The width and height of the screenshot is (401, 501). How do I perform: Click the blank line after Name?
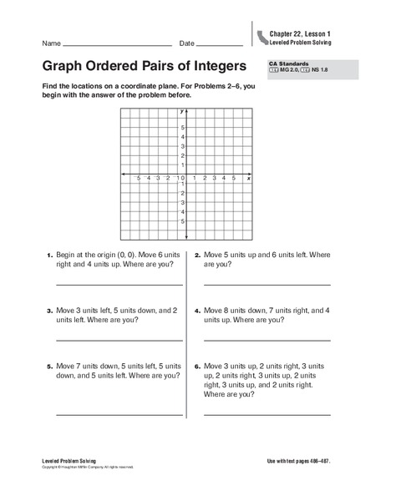coord(118,44)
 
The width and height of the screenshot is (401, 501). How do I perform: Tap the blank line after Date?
coord(220,44)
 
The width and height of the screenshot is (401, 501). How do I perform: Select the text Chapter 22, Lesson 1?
coord(300,32)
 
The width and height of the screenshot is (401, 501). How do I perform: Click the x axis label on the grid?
coord(249,179)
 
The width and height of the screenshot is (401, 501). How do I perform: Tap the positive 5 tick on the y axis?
coord(183,127)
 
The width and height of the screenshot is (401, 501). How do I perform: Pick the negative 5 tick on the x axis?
coord(138,178)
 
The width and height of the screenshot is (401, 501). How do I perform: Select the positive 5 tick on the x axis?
coord(234,178)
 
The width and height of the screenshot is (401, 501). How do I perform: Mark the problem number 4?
coord(197,310)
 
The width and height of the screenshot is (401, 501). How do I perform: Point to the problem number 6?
coord(197,366)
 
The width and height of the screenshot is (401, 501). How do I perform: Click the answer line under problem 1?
coord(119,286)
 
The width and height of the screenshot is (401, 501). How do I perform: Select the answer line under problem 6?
coord(266,414)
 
